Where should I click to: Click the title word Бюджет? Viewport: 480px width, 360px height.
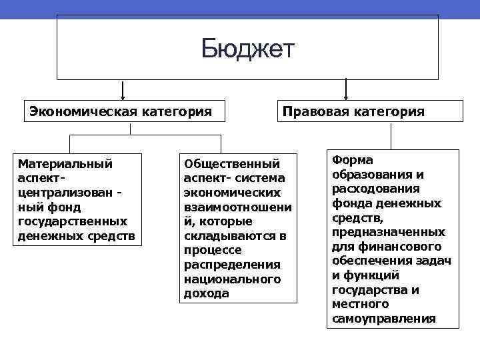[247, 49]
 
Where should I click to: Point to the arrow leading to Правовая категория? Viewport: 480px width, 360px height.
[345, 90]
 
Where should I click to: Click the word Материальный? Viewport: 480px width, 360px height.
[65, 163]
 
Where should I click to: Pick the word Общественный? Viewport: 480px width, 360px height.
[231, 163]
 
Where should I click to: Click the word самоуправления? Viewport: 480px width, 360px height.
[383, 319]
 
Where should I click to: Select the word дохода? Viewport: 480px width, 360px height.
[206, 293]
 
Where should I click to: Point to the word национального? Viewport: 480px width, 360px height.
[233, 278]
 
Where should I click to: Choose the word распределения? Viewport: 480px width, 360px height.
[232, 264]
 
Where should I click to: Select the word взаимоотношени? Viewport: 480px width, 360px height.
[237, 207]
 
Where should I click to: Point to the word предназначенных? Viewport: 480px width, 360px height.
[389, 232]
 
